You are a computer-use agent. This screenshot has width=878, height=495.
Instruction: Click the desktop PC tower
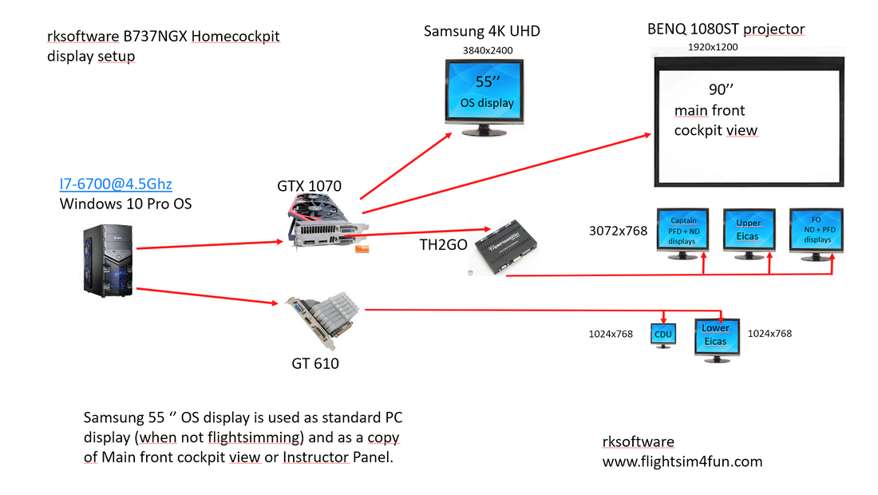(x=108, y=260)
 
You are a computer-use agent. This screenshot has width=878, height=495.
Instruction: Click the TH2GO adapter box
(x=505, y=247)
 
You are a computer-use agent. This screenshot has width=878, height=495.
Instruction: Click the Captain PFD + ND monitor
(x=682, y=233)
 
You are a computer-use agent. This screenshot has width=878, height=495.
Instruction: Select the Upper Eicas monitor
(x=749, y=233)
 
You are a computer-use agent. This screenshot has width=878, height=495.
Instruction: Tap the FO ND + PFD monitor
(x=816, y=233)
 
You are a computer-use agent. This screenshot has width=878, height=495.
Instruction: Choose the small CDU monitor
(x=663, y=335)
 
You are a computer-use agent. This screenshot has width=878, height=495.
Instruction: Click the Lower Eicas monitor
(x=717, y=340)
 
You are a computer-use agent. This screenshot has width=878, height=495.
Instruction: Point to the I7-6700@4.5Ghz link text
(x=116, y=184)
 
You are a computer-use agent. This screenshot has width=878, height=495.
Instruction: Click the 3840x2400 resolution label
(x=487, y=50)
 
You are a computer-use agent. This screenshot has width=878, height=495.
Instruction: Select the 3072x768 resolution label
(x=618, y=231)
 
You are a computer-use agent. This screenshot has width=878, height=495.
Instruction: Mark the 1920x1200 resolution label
(x=712, y=47)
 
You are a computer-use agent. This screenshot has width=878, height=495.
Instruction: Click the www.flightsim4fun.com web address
(x=682, y=461)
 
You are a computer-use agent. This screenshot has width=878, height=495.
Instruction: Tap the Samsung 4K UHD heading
(x=481, y=31)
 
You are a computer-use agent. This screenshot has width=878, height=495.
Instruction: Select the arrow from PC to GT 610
(x=208, y=296)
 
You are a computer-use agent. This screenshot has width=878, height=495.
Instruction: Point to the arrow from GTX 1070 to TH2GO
(x=417, y=232)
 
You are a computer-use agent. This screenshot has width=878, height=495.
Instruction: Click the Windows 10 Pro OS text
(x=125, y=204)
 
